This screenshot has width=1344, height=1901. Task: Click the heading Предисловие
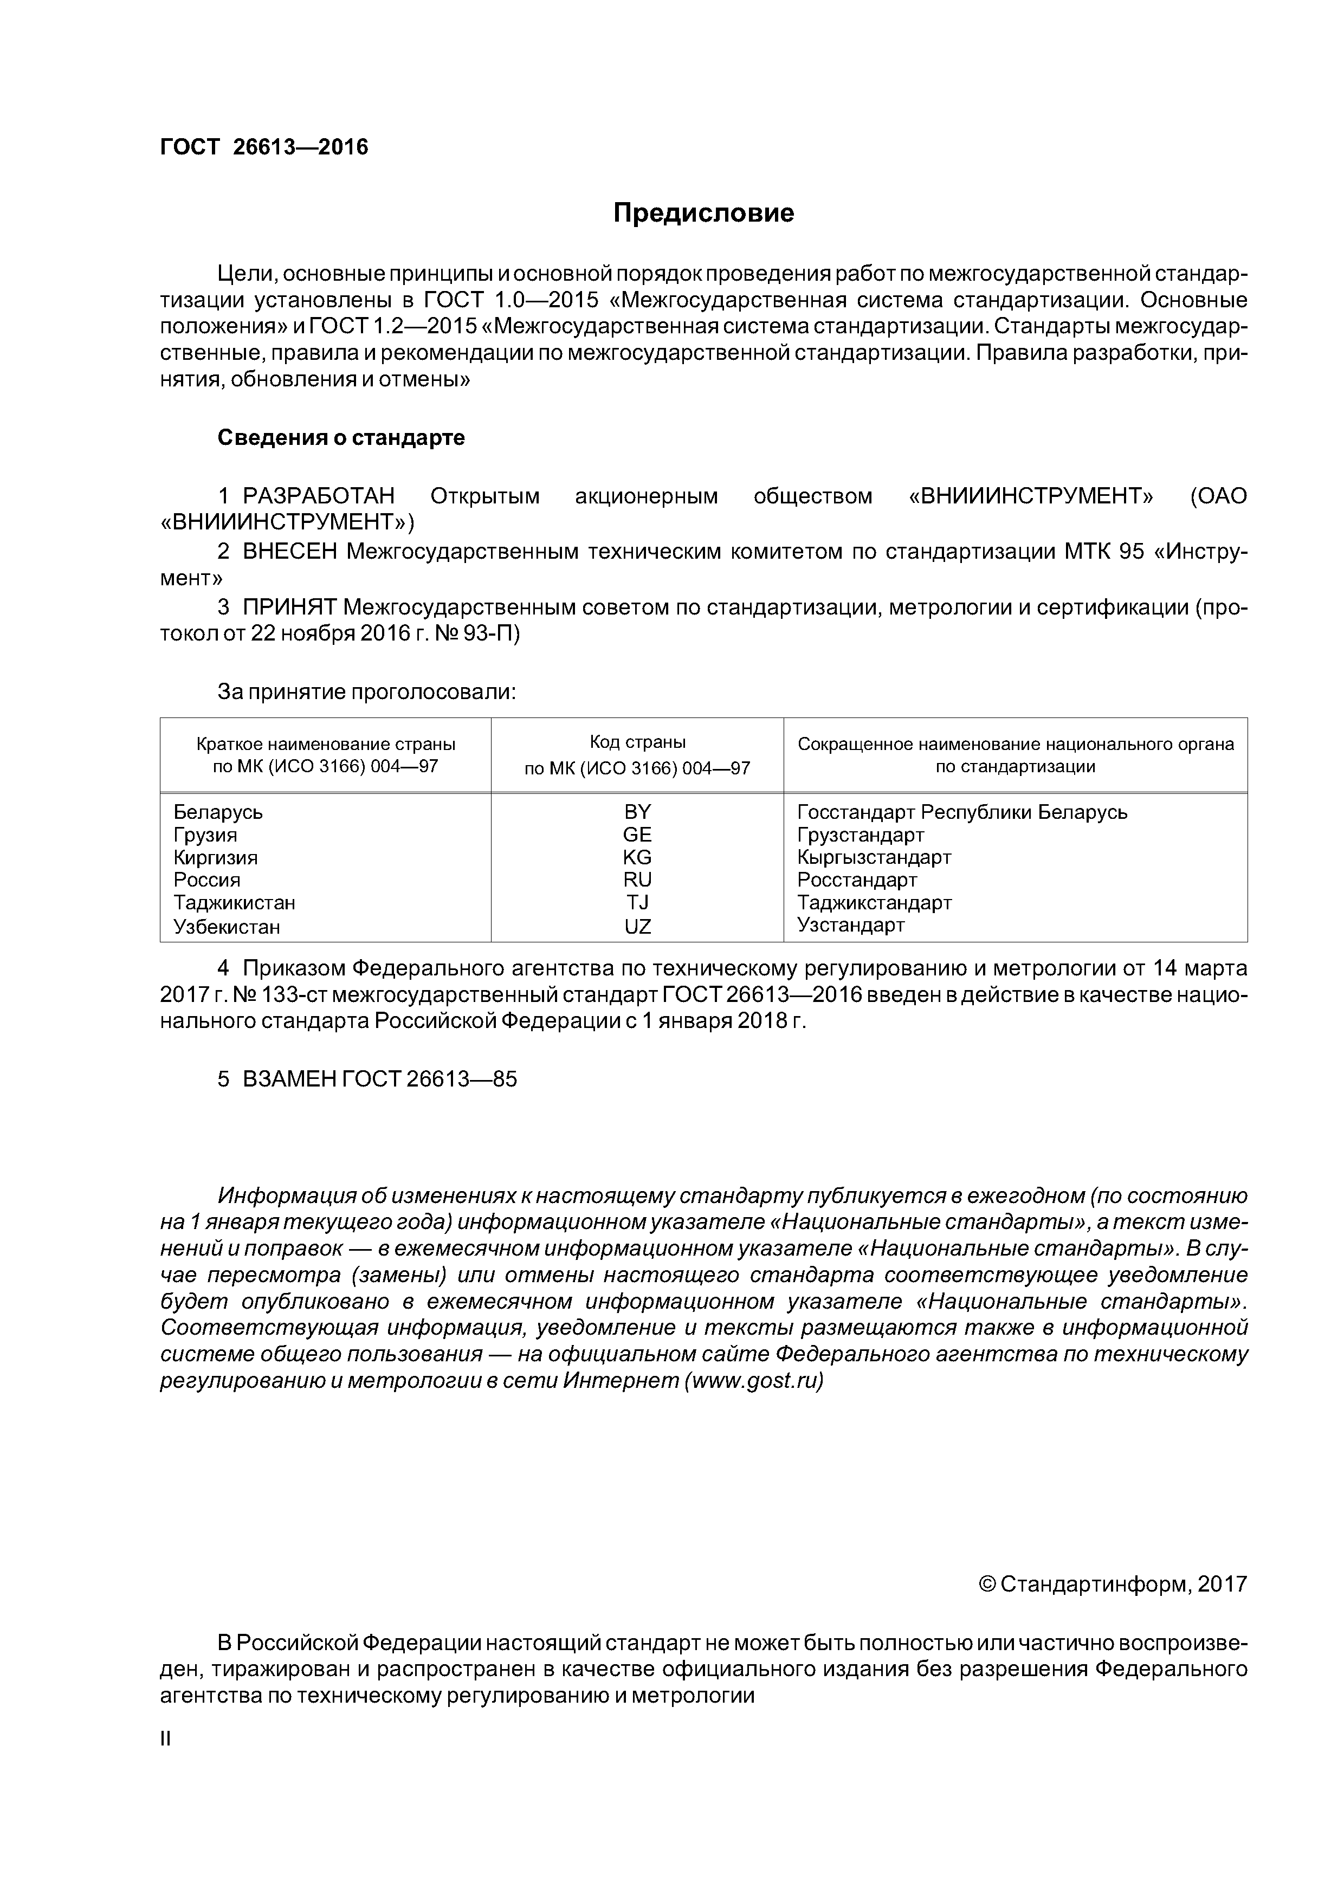pos(703,214)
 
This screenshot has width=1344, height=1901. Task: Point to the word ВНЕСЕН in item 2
pos(290,552)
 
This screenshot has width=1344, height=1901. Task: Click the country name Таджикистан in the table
pos(234,902)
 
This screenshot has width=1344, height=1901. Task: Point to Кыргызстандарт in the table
pos(874,857)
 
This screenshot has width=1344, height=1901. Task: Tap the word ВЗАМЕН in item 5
pos(290,1079)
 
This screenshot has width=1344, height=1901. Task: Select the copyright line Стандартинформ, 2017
pos(1112,1584)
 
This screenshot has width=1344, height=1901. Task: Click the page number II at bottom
pos(165,1739)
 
